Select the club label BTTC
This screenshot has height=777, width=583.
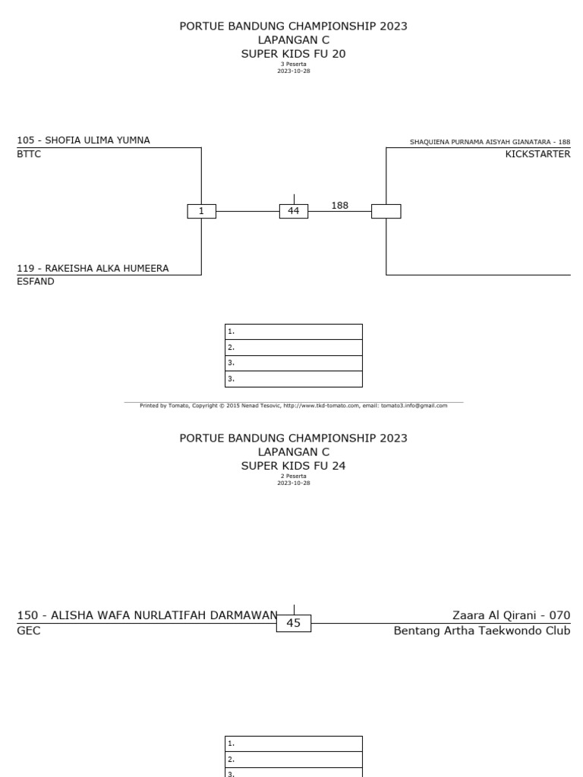click(29, 153)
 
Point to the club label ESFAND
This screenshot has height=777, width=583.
click(34, 281)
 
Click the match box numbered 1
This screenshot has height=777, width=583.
click(201, 212)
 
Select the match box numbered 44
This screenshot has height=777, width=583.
click(294, 211)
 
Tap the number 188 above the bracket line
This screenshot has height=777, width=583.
click(339, 205)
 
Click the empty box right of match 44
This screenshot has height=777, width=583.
click(386, 212)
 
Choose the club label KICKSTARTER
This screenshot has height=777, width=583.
click(537, 154)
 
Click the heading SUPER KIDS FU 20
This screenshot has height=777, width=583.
click(293, 53)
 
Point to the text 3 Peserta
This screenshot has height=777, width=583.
click(293, 64)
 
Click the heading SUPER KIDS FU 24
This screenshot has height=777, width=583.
click(293, 465)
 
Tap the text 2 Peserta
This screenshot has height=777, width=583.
click(293, 477)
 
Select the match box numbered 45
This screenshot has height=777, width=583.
click(294, 623)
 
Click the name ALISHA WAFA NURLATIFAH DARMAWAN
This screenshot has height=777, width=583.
click(147, 615)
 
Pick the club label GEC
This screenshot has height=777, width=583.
click(28, 631)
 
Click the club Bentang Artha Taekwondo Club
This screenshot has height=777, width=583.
click(481, 631)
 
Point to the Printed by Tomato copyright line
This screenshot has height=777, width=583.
click(293, 405)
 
